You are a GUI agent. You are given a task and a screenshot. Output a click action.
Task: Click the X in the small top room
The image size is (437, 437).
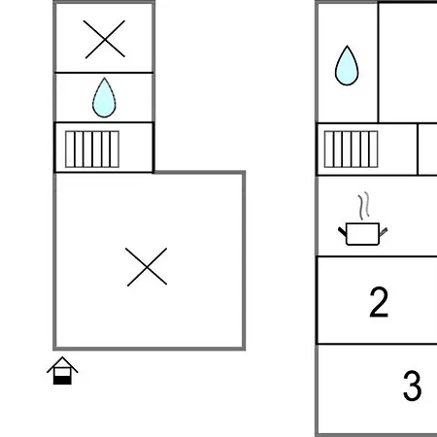coord(105,40)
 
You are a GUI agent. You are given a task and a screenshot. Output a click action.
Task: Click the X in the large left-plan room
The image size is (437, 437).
coord(147,267)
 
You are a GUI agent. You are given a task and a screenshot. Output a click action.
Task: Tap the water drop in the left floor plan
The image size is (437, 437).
coord(104,97)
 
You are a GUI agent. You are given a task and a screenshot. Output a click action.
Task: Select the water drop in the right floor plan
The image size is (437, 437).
coord(347,66)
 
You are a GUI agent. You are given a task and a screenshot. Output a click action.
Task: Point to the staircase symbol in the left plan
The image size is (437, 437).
coord(92,150)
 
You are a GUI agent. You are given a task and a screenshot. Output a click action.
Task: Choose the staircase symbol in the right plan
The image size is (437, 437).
coord(352,150)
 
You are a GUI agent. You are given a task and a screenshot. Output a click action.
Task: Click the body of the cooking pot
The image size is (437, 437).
coord(362,234)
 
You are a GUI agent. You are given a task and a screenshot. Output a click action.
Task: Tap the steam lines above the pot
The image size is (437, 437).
coord(364,205)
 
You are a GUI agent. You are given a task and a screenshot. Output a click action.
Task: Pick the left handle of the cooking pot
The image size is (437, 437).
coord(342,231)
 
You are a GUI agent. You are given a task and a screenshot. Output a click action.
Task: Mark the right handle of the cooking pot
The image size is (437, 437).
coord(384,232)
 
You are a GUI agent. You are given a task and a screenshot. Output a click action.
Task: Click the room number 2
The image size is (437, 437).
coord(379,302)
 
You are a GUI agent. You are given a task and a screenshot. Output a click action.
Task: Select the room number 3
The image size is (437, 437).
coord(413,386)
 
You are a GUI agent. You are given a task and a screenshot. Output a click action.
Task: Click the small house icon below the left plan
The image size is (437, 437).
coord(62,371)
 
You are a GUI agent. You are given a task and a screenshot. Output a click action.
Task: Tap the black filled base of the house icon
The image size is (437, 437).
coord(62,381)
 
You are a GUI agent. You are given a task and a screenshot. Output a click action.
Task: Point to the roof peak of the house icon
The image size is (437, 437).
coord(62,357)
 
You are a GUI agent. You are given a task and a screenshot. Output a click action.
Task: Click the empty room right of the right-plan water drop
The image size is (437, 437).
coord(408,62)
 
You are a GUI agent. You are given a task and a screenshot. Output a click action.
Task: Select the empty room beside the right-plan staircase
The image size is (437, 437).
coord(428,150)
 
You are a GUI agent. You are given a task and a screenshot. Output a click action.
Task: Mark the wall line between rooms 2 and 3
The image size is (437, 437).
coord(377,344)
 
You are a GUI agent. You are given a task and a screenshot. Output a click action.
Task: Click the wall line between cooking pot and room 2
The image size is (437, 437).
coord(377,256)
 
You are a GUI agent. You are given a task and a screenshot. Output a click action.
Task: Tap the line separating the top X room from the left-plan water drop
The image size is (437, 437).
coord(104,73)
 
